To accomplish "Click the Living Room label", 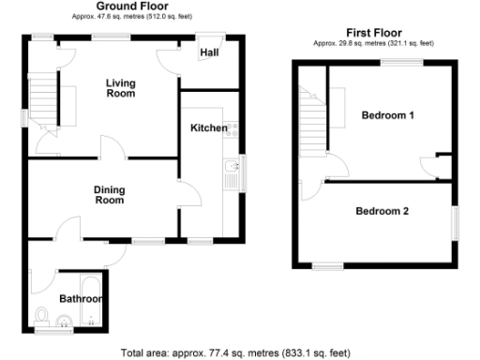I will [120, 88].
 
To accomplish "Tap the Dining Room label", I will [110, 195].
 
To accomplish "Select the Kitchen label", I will [208, 127].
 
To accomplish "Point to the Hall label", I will [209, 52].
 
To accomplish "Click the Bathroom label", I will [79, 299].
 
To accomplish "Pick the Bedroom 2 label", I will [382, 211].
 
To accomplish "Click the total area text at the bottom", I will [236, 353].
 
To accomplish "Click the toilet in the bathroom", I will [41, 313].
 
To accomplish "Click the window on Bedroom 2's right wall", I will [457, 222].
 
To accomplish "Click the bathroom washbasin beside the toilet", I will [63, 322].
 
